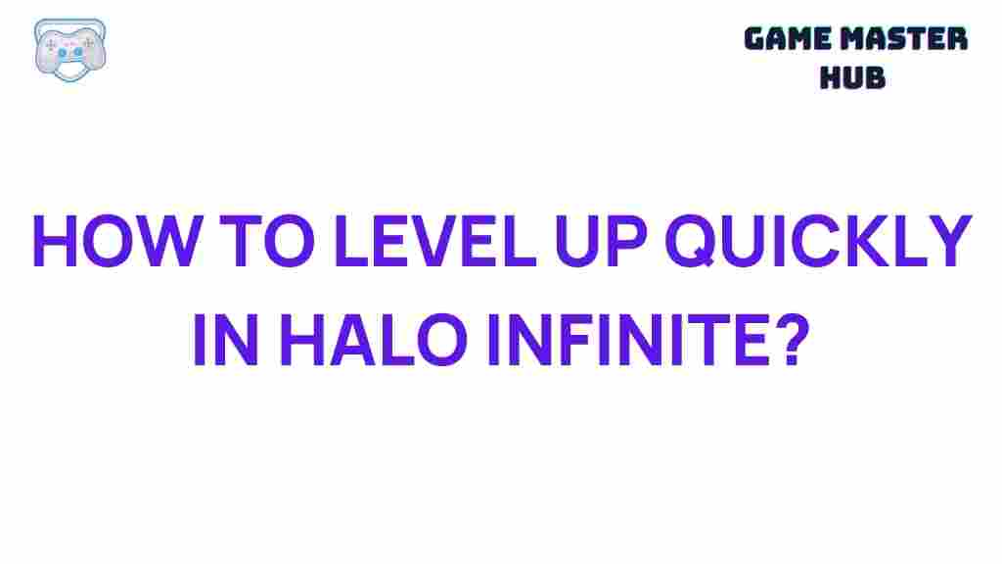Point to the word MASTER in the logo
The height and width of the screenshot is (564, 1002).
(907, 39)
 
